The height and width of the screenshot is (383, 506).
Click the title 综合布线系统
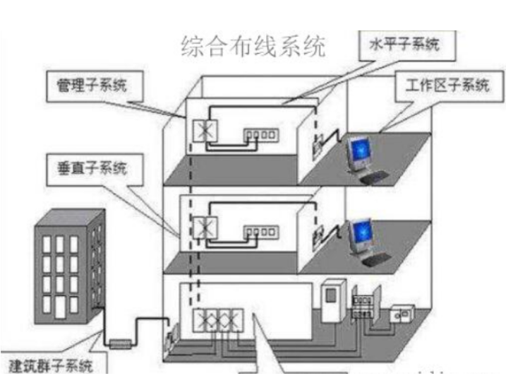254,47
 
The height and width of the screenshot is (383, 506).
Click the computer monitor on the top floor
358,152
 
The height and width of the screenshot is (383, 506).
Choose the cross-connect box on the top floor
206,131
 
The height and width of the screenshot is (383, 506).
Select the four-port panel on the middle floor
258,230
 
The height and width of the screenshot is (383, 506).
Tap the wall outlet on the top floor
318,145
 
